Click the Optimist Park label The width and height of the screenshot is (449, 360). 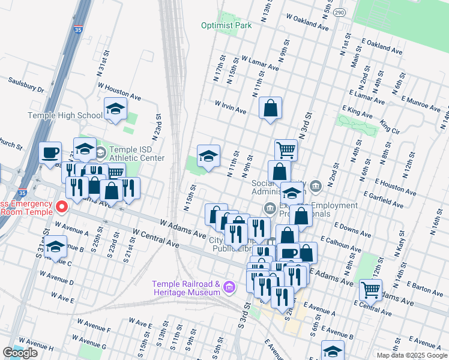pyautogui.click(x=226, y=26)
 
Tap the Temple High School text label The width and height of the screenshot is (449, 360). pyautogui.click(x=65, y=116)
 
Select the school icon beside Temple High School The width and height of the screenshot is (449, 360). pyautogui.click(x=115, y=109)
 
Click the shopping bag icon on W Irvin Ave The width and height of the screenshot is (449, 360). pyautogui.click(x=271, y=109)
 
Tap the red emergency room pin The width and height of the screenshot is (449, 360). pyautogui.click(x=62, y=208)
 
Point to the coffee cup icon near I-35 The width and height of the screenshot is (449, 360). pyautogui.click(x=50, y=152)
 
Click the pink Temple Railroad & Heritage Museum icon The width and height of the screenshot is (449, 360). pyautogui.click(x=228, y=288)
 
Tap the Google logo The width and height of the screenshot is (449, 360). pyautogui.click(x=20, y=353)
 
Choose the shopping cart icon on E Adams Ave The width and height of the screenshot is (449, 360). pyautogui.click(x=370, y=290)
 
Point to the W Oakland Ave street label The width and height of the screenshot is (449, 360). pyautogui.click(x=307, y=23)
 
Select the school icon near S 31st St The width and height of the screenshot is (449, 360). pyautogui.click(x=55, y=247)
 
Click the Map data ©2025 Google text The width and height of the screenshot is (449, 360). pyautogui.click(x=412, y=355)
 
